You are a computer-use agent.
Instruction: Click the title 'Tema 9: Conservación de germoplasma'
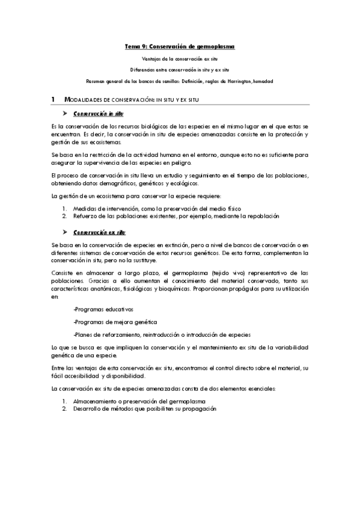(x=180, y=46)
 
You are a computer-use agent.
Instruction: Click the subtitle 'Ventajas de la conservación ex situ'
(x=180, y=60)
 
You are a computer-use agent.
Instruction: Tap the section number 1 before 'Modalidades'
(x=53, y=99)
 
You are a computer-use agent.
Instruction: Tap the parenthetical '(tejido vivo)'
(x=232, y=272)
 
